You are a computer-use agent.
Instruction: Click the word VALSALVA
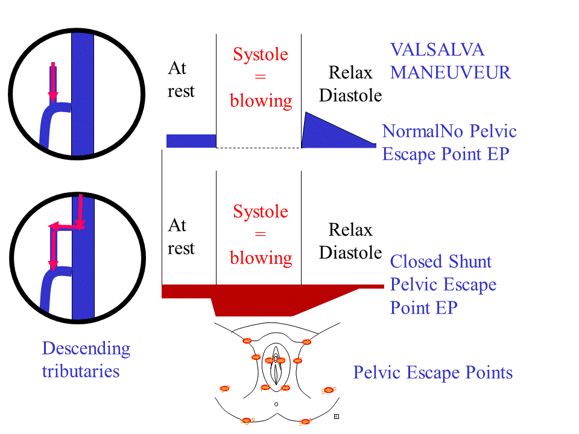(437, 50)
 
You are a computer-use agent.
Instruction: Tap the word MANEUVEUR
(451, 72)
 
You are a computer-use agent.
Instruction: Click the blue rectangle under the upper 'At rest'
(191, 141)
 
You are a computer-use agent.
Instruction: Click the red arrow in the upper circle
(53, 82)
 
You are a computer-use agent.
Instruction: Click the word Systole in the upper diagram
(261, 55)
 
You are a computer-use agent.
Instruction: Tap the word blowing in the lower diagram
(261, 258)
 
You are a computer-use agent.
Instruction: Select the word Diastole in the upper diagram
(350, 96)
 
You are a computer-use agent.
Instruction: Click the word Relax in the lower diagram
(350, 230)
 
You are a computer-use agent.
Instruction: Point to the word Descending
(86, 349)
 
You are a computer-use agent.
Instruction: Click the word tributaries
(81, 371)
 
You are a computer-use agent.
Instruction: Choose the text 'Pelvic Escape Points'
(433, 373)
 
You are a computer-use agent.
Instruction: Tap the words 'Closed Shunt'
(441, 262)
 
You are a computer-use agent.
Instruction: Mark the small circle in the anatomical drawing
(276, 404)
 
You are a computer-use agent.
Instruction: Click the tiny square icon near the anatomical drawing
(337, 417)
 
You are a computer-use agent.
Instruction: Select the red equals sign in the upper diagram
(261, 77)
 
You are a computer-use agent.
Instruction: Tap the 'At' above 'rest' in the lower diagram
(177, 225)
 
